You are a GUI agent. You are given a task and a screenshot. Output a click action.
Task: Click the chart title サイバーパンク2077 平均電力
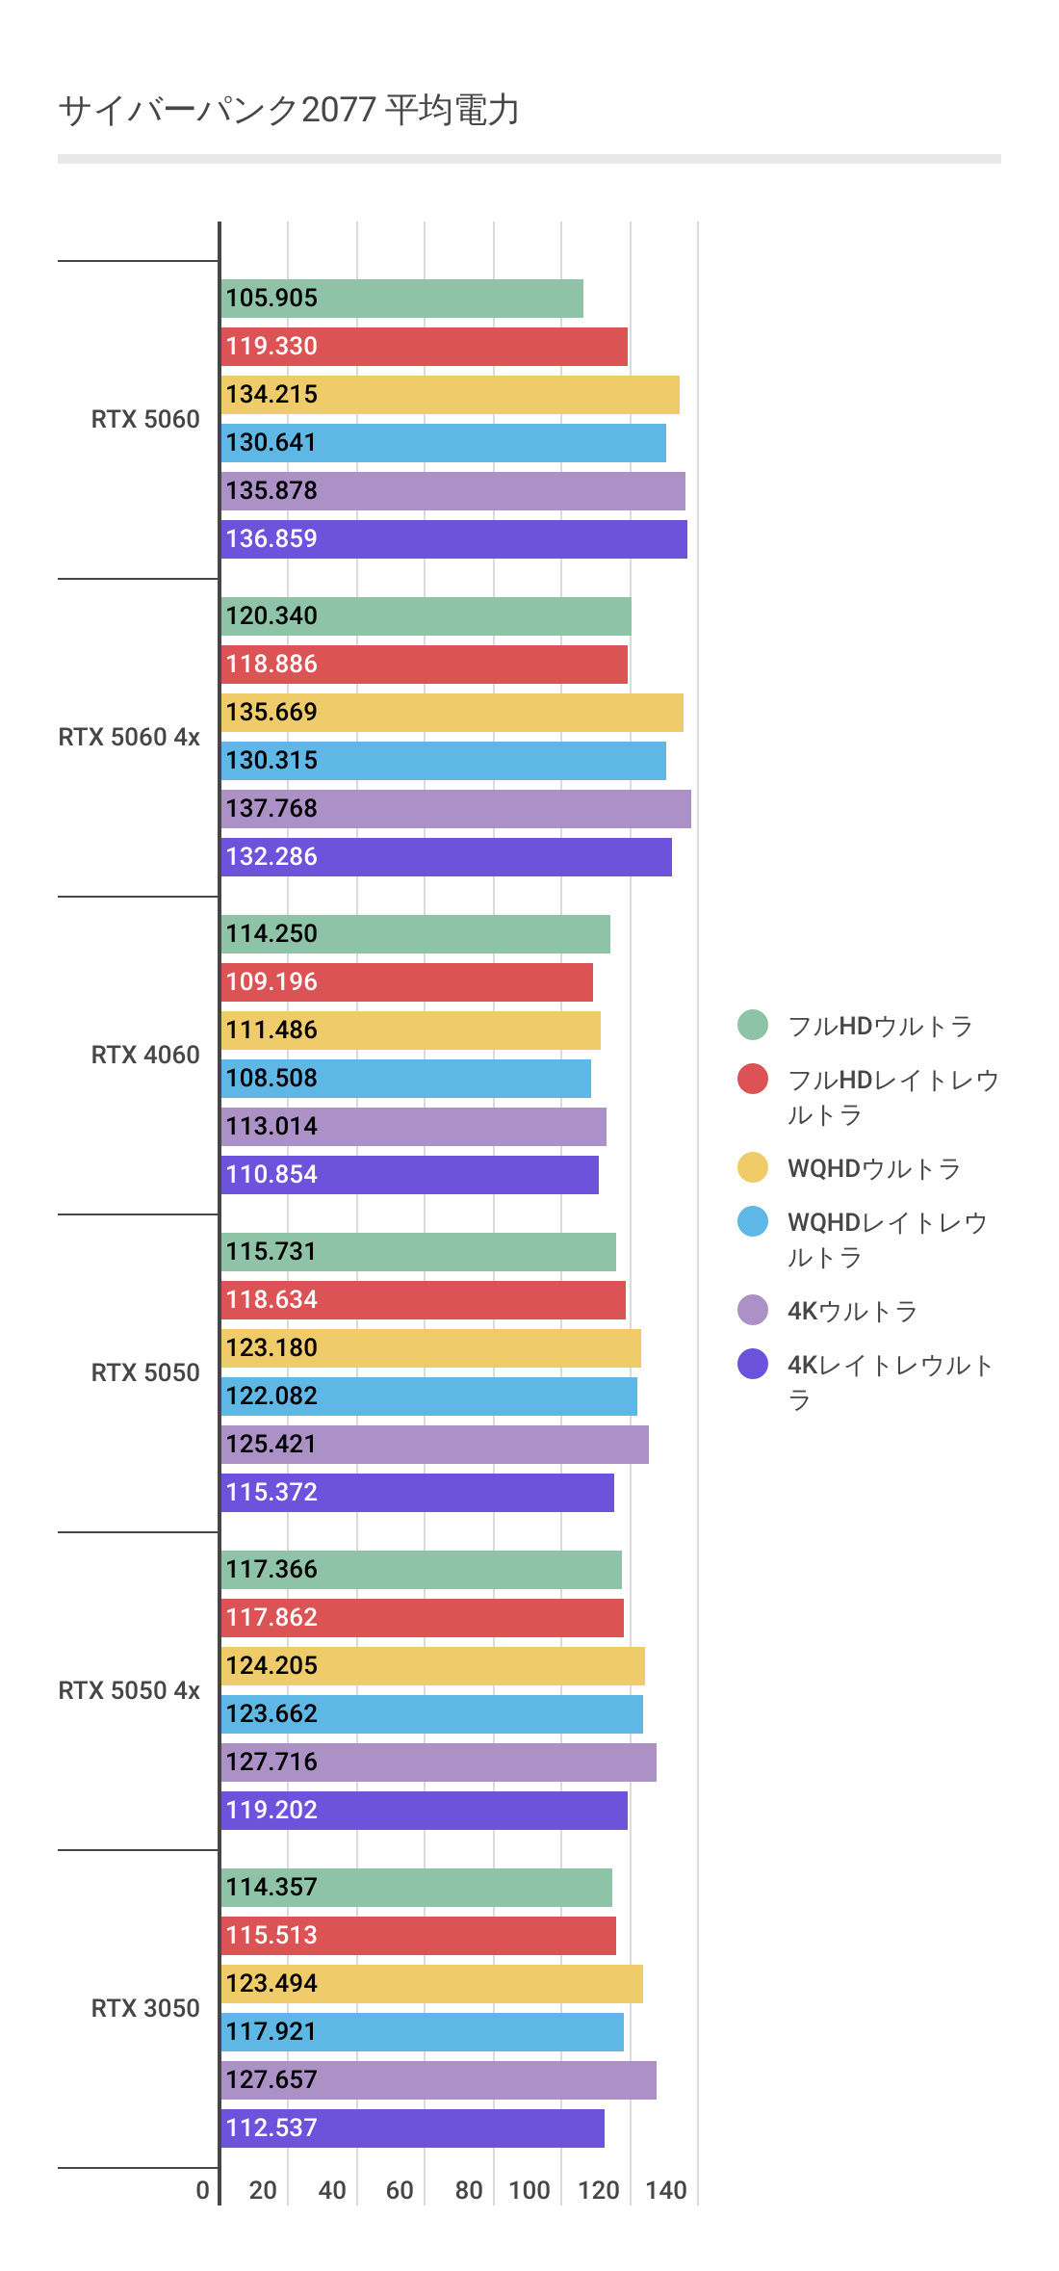(289, 110)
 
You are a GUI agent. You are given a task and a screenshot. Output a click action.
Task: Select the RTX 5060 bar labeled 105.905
(401, 299)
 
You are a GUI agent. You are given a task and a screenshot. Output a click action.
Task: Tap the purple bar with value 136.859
(453, 539)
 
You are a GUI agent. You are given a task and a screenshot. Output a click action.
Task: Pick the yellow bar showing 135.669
(452, 713)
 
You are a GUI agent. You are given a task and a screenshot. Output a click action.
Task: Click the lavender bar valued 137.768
(455, 809)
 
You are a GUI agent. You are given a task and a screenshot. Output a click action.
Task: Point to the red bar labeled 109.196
(406, 982)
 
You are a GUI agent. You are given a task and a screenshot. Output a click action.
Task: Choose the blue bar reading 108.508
(405, 1079)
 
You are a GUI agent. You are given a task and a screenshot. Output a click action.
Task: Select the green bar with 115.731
(418, 1252)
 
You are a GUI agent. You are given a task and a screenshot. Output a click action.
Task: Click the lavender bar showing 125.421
(434, 1445)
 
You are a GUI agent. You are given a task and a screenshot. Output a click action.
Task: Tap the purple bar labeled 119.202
(424, 1811)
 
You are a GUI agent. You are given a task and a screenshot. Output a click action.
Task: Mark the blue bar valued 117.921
(422, 2032)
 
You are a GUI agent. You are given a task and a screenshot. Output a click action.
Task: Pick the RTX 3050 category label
(145, 2008)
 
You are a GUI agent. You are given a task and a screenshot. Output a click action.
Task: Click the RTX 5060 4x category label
(129, 737)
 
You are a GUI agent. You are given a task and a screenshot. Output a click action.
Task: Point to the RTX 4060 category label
(145, 1055)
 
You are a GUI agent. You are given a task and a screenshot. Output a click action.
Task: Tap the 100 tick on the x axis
(529, 2190)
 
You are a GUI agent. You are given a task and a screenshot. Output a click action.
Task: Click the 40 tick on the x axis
(332, 2190)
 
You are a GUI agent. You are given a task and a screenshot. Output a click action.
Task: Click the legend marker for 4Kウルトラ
(753, 1310)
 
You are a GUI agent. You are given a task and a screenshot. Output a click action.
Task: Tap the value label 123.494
(271, 1984)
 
